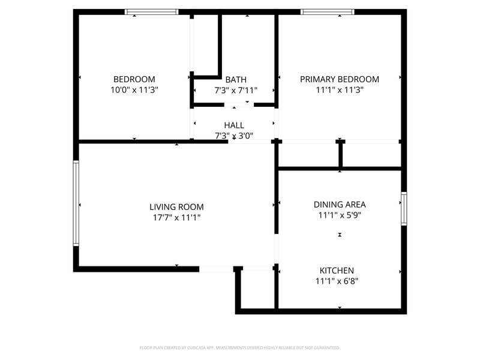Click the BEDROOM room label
pyautogui.click(x=134, y=79)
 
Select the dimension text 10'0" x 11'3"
pyautogui.click(x=134, y=90)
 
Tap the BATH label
pyautogui.click(x=235, y=79)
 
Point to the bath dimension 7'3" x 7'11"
pyautogui.click(x=235, y=90)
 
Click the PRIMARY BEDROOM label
pyautogui.click(x=340, y=79)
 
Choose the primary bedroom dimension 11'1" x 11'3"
pyautogui.click(x=340, y=90)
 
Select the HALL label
pyautogui.click(x=234, y=125)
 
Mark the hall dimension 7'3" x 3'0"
pyautogui.click(x=234, y=136)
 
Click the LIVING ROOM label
pyautogui.click(x=176, y=207)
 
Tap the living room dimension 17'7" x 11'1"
pyautogui.click(x=176, y=218)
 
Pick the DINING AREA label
pyautogui.click(x=340, y=204)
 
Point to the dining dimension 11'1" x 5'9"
pyautogui.click(x=340, y=215)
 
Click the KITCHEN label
pyautogui.click(x=337, y=271)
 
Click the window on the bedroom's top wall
pyautogui.click(x=151, y=11)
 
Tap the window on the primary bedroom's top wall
pyautogui.click(x=327, y=11)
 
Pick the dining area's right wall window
pyautogui.click(x=404, y=208)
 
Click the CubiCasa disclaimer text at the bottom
pyautogui.click(x=240, y=347)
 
